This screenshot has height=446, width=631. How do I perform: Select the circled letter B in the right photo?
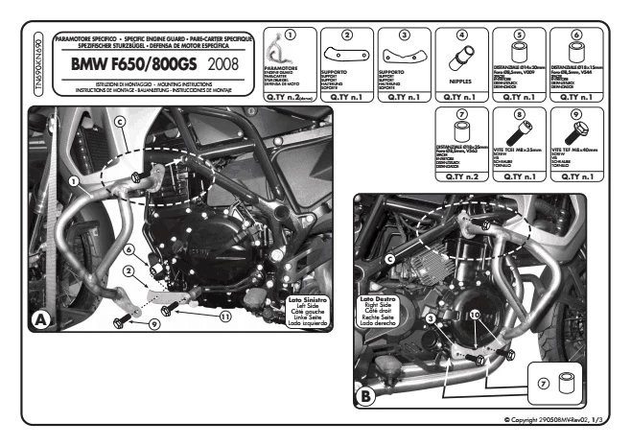(x=366, y=392)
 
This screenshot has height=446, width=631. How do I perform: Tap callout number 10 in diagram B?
(x=474, y=313)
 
